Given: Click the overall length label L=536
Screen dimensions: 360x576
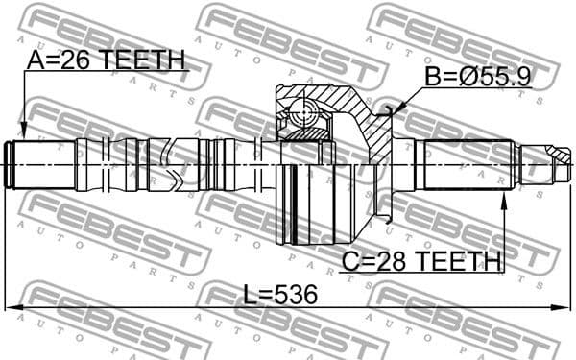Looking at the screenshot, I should point(279,296).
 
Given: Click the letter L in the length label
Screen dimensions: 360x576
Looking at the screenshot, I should point(249,296).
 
